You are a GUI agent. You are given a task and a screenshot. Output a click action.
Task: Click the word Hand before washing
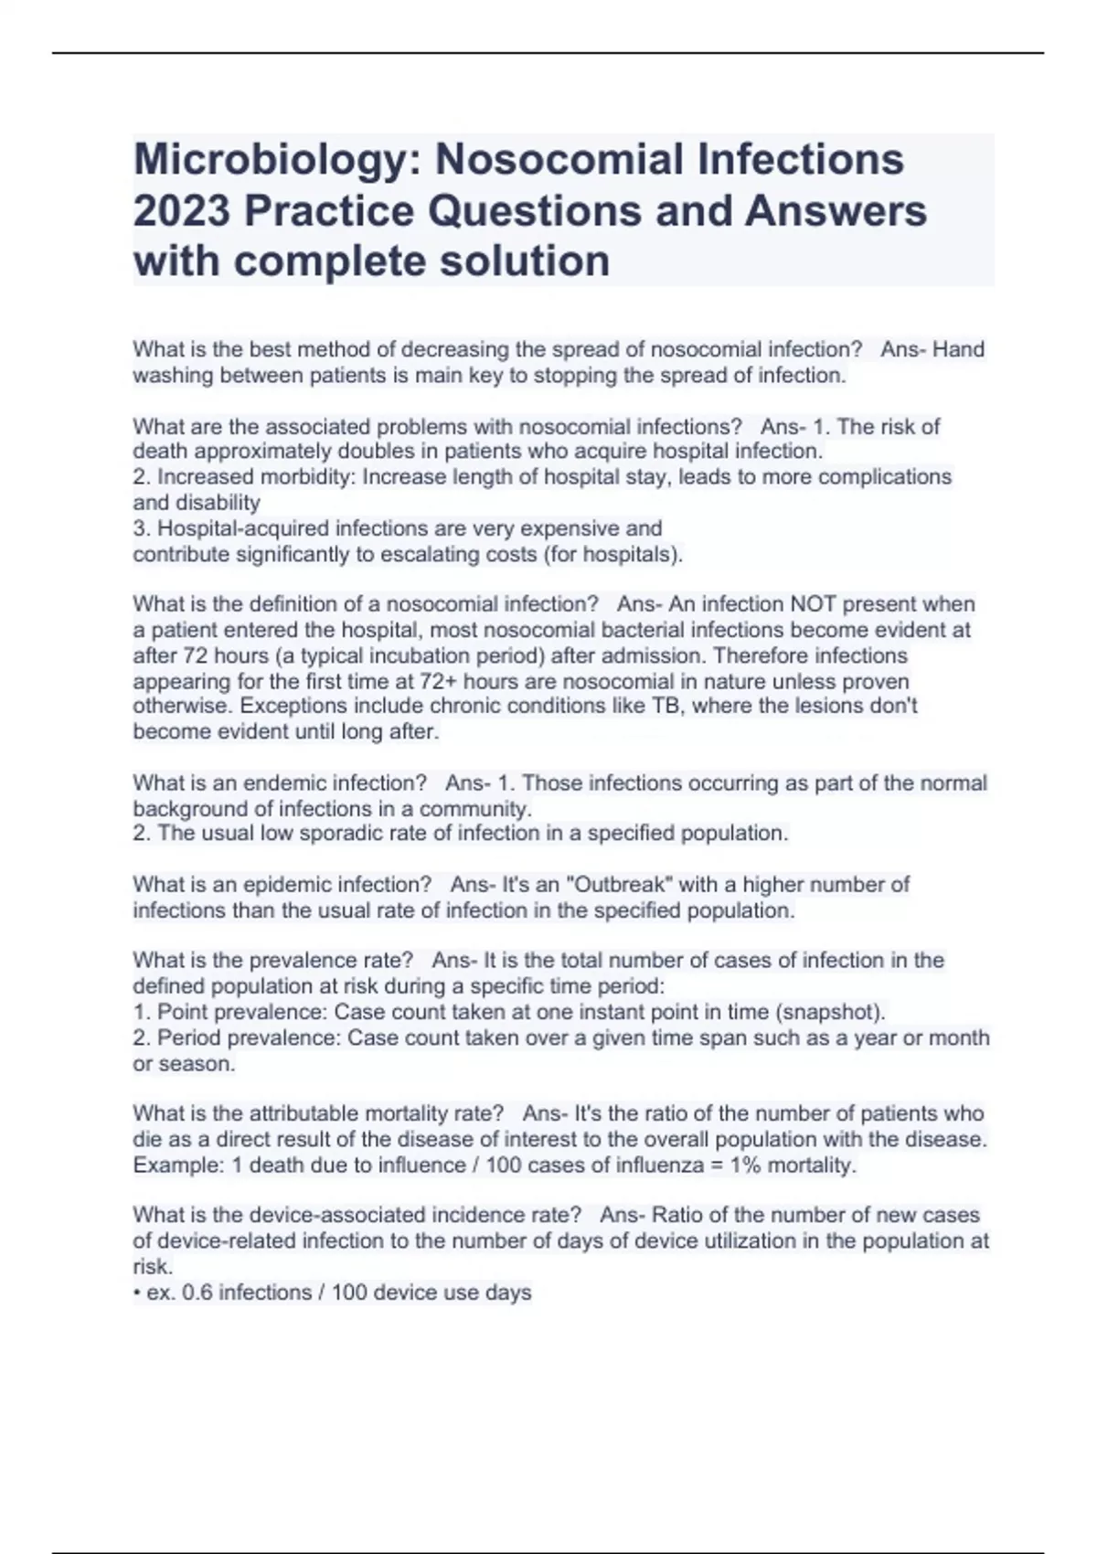(958, 349)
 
